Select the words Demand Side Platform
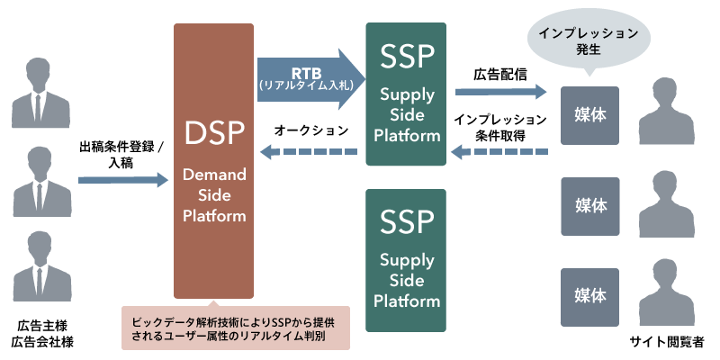point(214,193)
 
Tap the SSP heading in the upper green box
point(407,56)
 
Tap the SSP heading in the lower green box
point(407,220)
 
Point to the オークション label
point(311,130)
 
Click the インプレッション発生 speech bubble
point(589,40)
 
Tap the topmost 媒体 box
point(589,115)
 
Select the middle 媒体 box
point(589,205)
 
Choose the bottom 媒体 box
point(589,296)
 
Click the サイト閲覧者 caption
point(667,343)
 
